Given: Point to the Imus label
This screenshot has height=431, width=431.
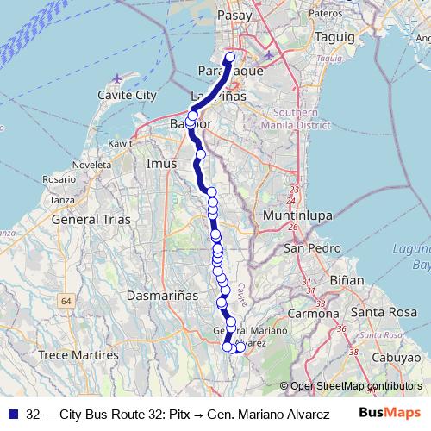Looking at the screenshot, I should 162,162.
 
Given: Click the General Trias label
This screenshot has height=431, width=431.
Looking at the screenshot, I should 91,219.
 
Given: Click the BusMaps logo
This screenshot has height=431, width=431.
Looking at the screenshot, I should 389,412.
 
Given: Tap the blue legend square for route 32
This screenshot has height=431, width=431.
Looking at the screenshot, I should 13,412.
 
